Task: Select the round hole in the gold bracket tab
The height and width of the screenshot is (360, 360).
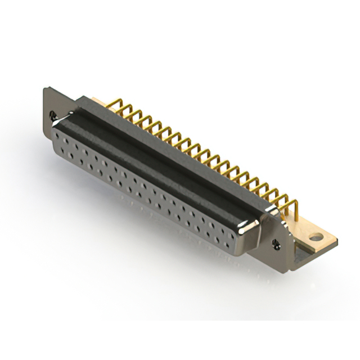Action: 319,237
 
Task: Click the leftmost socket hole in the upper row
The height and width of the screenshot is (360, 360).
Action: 62,137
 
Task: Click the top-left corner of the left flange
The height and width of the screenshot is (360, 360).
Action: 45,88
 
